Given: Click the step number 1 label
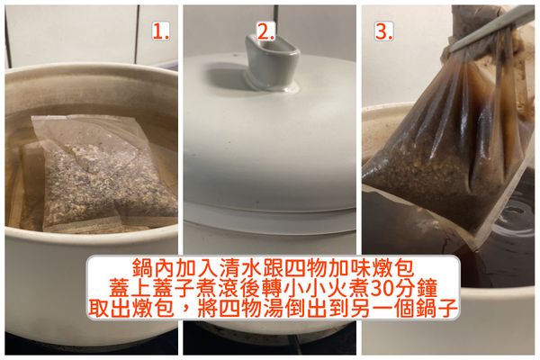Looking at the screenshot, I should pos(161,32).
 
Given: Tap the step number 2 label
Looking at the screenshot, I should pos(265,32).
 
